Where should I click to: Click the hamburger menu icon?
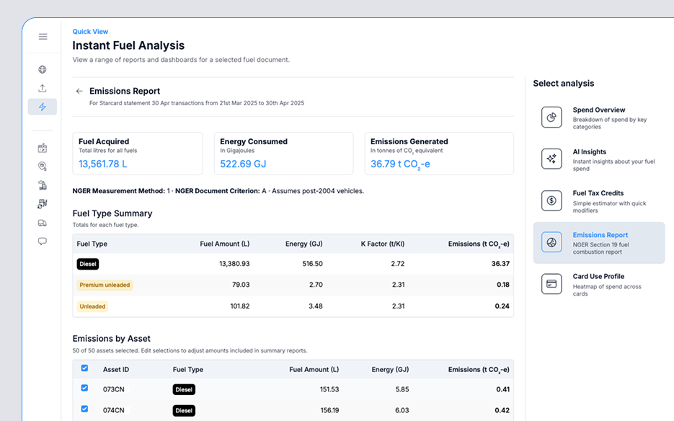pyautogui.click(x=43, y=37)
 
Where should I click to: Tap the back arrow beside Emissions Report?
pyautogui.click(x=79, y=92)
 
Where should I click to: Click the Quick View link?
pyautogui.click(x=90, y=32)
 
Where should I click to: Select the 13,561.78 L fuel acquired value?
pyautogui.click(x=103, y=164)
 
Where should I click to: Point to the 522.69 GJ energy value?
pyautogui.click(x=243, y=164)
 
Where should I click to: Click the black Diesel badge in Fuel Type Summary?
pyautogui.click(x=88, y=264)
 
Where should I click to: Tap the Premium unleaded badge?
pyautogui.click(x=105, y=285)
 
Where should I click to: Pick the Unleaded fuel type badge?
pyautogui.click(x=92, y=306)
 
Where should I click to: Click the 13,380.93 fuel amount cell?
pyautogui.click(x=234, y=264)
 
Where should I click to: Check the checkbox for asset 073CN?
pyautogui.click(x=84, y=389)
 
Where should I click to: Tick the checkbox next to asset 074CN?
pyautogui.click(x=84, y=409)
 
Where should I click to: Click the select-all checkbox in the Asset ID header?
pyautogui.click(x=84, y=368)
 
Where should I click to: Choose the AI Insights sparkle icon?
pyautogui.click(x=551, y=159)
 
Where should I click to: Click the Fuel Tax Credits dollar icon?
pyautogui.click(x=551, y=200)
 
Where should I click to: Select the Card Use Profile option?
pyautogui.click(x=598, y=283)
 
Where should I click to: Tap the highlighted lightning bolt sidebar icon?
pyautogui.click(x=43, y=107)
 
